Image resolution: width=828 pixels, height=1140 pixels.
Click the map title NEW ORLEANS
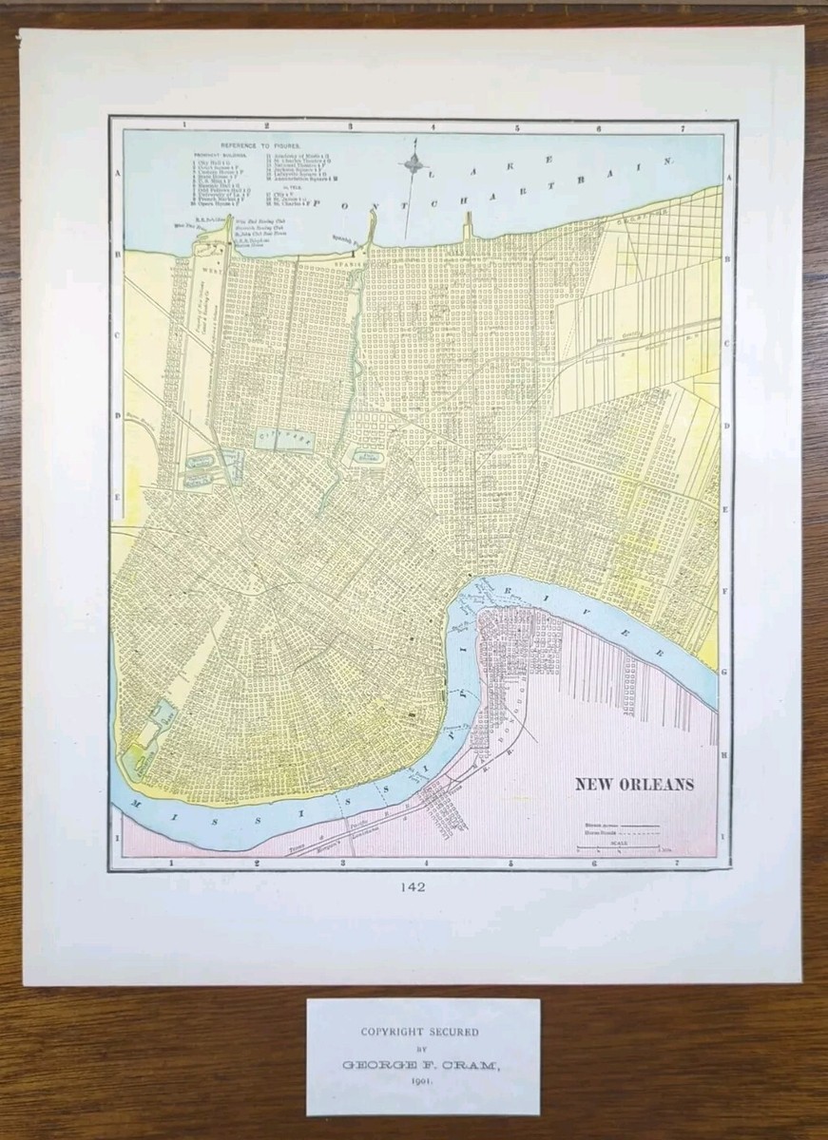[x=633, y=785]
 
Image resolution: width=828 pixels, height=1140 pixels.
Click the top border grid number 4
[x=433, y=125]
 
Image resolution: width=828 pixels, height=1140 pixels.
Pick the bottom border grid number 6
[x=595, y=864]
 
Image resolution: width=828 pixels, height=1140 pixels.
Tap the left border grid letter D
[x=118, y=415]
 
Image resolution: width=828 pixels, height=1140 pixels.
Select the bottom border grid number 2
[x=258, y=864]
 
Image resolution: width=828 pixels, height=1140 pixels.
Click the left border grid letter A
[x=118, y=174]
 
